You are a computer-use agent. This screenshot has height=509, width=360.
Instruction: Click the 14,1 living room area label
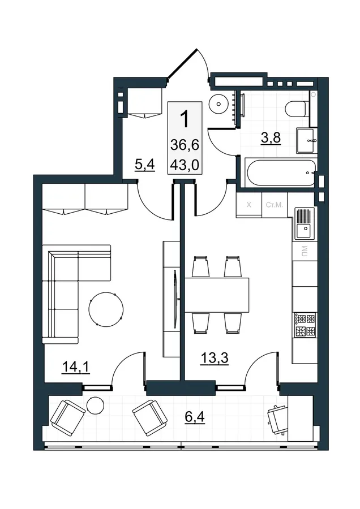point(76,367)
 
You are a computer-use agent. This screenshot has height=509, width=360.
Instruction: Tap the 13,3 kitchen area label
point(215,359)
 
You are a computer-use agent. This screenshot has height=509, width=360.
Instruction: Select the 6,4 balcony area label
point(195,417)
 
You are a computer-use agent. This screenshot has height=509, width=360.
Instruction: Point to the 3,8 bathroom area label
point(271,138)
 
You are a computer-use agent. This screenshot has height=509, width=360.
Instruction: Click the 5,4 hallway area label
point(144,165)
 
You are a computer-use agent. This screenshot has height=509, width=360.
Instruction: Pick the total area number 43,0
point(185,166)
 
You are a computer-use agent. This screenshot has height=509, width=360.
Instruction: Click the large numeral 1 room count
point(184,119)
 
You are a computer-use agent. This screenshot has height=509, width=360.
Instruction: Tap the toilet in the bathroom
point(296,109)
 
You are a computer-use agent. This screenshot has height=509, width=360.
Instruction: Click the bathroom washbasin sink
point(306,141)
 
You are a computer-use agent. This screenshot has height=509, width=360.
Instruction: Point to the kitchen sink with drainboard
point(305,223)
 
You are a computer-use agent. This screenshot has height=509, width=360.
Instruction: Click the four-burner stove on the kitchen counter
point(305,325)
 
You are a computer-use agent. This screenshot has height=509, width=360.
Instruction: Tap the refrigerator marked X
point(249,205)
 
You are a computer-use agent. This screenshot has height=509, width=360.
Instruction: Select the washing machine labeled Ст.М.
point(275,205)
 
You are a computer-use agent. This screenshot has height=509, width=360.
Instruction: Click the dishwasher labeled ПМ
point(305,251)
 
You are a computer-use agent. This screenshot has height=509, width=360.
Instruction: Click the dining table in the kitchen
point(217,295)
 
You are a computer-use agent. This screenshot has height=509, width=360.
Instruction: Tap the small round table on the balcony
point(96,406)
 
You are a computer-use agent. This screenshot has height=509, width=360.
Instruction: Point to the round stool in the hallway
point(218,104)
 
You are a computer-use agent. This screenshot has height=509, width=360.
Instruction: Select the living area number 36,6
point(185,145)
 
